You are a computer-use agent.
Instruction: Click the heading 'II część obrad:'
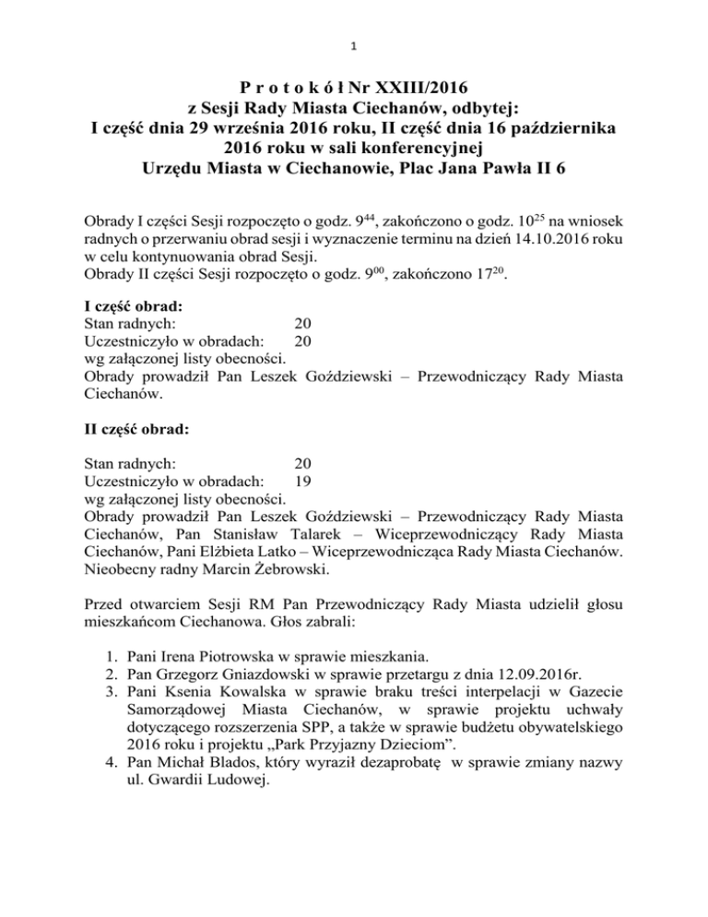(x=136, y=428)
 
